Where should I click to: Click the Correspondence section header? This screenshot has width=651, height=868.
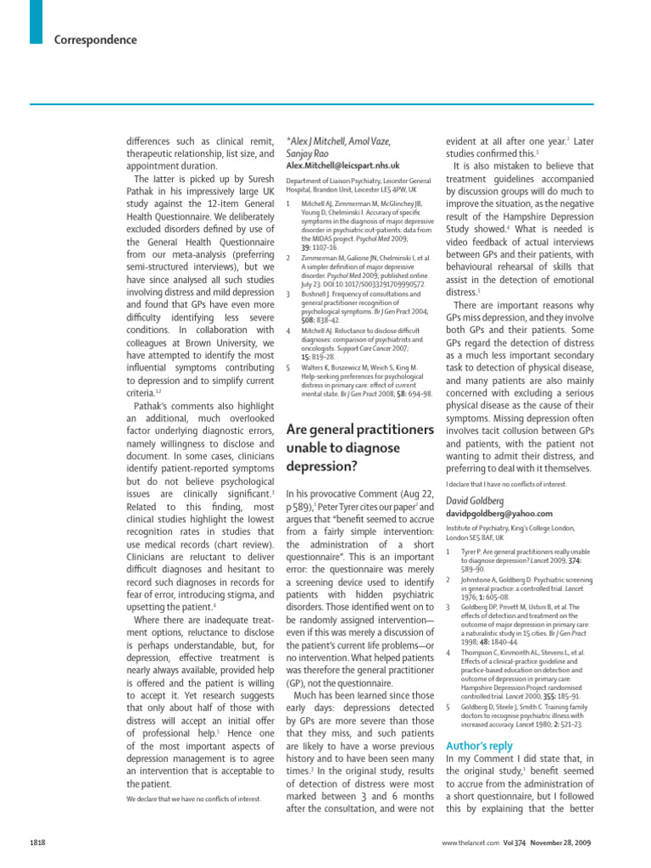(x=95, y=40)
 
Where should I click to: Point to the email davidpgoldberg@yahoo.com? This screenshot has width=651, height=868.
(x=498, y=513)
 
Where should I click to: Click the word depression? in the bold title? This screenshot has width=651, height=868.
(x=321, y=466)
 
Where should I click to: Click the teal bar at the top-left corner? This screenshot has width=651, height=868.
(x=35, y=21)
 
